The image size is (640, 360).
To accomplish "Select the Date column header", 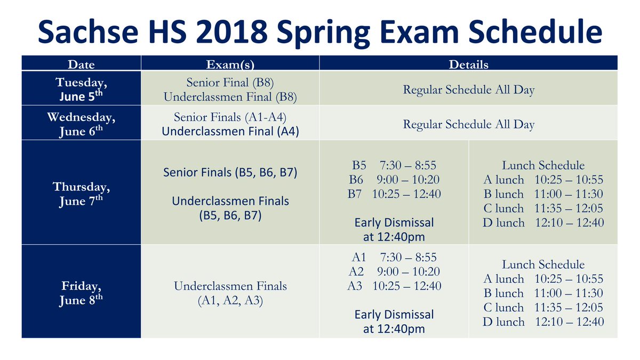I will [x=81, y=65].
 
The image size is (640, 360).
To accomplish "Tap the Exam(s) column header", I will [x=230, y=65].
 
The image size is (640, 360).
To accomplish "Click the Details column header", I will [x=468, y=65].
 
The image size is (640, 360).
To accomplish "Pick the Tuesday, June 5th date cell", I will [x=81, y=89].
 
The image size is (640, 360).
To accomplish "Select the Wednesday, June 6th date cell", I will [x=81, y=123].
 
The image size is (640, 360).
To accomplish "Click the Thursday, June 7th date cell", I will [x=81, y=194].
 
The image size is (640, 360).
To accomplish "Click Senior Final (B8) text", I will [x=230, y=83].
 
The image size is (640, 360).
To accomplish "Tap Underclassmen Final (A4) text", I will [x=230, y=131].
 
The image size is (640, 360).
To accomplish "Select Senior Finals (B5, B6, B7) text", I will [x=230, y=173].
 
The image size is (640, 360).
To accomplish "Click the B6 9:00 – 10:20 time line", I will [x=394, y=180].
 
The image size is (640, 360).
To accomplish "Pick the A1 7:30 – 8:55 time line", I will [x=394, y=257].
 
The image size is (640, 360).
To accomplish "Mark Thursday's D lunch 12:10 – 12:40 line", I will [x=543, y=223].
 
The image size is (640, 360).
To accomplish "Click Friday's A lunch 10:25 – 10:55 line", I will [x=543, y=279].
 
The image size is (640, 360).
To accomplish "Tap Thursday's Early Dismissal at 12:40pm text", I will [x=394, y=229].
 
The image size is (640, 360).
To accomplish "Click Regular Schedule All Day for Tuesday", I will [x=468, y=90].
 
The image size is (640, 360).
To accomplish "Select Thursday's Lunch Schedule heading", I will [x=543, y=165].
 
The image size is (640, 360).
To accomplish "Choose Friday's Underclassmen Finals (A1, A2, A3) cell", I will [x=230, y=293].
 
